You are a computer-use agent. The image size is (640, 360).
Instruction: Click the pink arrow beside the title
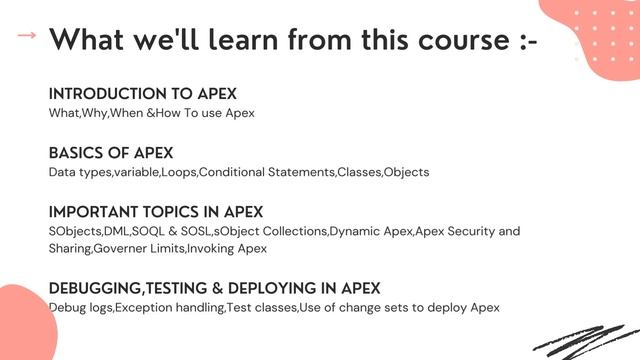pos(27,36)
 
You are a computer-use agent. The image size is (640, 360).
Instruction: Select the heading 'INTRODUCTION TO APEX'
pos(142,94)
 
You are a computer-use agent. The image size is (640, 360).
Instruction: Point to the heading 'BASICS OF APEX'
pos(111,153)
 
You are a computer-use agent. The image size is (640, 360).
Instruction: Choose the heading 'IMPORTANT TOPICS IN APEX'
pos(156,212)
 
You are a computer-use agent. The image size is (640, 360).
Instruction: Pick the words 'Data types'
pos(79,172)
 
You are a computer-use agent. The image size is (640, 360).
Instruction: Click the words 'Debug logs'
pos(80,307)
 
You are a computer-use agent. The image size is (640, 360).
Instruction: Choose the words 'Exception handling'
pos(169,307)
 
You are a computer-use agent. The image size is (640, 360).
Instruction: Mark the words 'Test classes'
pos(262,307)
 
